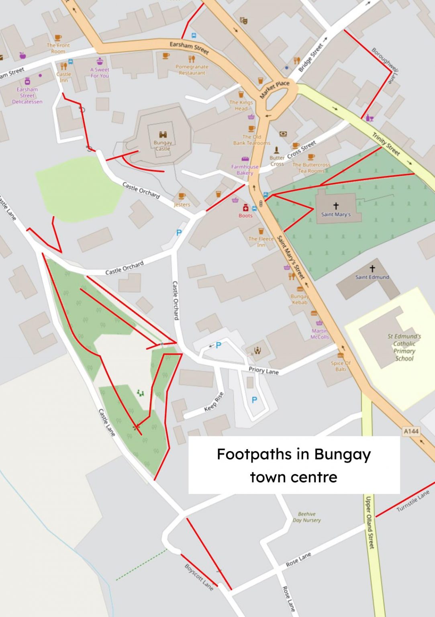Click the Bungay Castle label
click(163, 145)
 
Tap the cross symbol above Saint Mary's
click(336, 206)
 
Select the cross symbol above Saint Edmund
click(372, 268)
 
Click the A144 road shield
click(411, 431)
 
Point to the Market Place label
click(274, 89)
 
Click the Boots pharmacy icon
click(245, 207)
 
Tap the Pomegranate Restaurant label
click(192, 69)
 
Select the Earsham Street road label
click(189, 47)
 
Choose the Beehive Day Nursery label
click(307, 517)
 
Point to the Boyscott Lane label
click(199, 577)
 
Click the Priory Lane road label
click(263, 370)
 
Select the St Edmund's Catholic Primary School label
click(404, 347)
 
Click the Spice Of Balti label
click(341, 366)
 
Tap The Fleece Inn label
click(261, 241)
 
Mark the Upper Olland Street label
click(369, 522)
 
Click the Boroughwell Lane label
click(384, 65)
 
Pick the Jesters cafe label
click(182, 204)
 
